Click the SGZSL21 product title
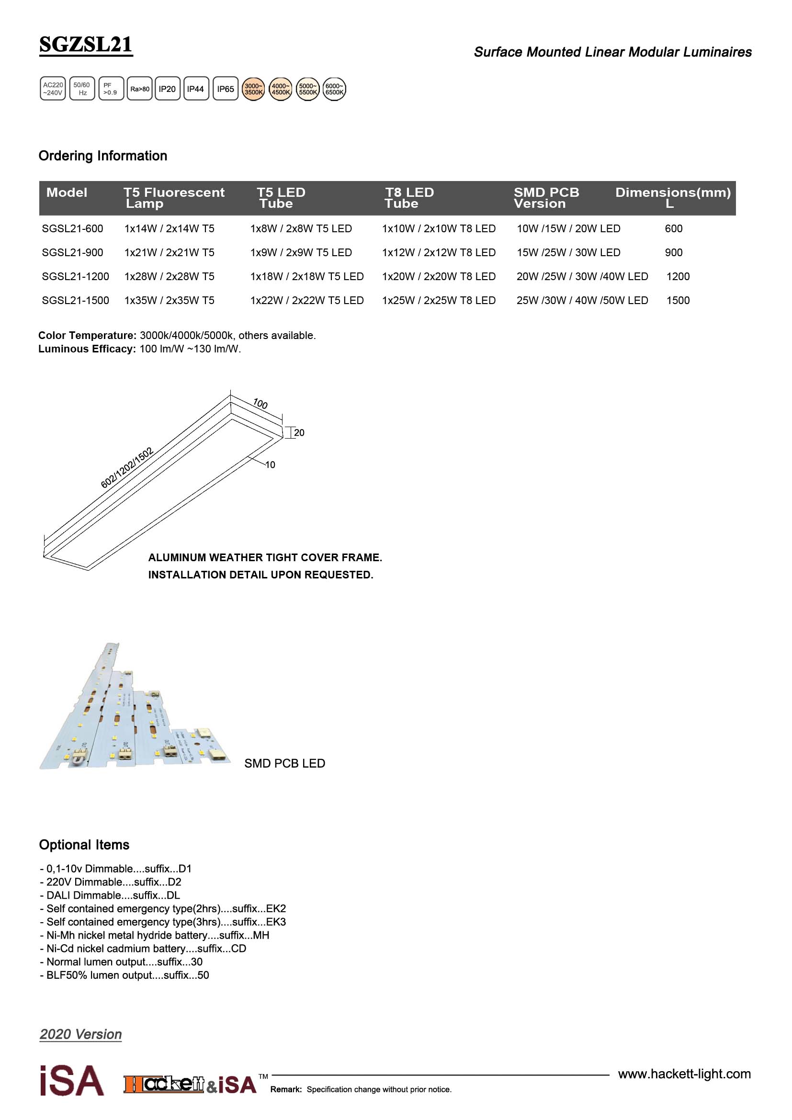tap(85, 45)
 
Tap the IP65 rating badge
tap(226, 89)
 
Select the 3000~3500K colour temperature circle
tap(254, 89)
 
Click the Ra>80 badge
tap(139, 89)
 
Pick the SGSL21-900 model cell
tap(72, 253)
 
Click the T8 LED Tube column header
tap(408, 198)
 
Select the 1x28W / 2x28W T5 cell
tap(169, 277)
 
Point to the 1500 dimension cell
tap(678, 301)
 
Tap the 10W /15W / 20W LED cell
tap(568, 229)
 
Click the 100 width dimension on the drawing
tap(260, 404)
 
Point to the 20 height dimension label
tap(299, 433)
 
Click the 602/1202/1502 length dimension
tap(127, 467)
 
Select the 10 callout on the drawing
tap(270, 465)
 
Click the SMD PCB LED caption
tap(284, 763)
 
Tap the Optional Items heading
tap(84, 845)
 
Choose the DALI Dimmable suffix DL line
tap(110, 895)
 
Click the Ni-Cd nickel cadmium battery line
tap(143, 948)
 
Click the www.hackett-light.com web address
tap(684, 1074)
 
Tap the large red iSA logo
tap(72, 1081)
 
